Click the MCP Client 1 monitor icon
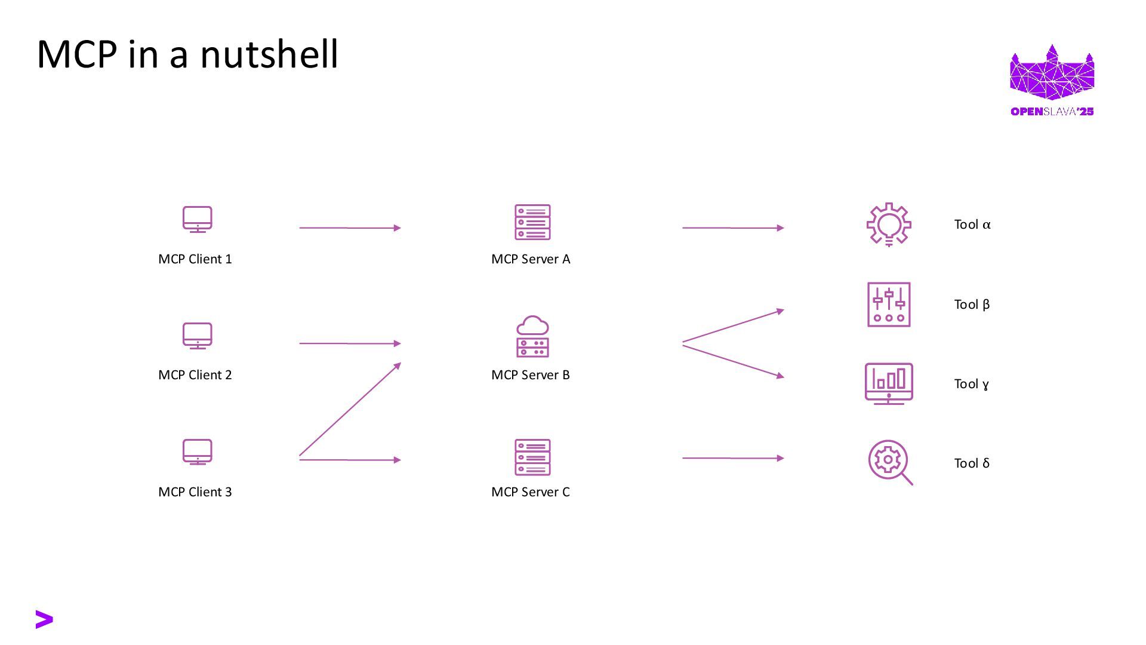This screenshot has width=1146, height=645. pos(197,220)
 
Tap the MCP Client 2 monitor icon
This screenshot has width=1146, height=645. pos(197,336)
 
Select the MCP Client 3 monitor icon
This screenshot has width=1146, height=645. pos(197,452)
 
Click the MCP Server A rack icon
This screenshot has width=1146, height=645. pos(532,222)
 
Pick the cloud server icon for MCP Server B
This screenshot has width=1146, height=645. pos(532,336)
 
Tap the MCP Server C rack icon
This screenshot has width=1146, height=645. pos(532,457)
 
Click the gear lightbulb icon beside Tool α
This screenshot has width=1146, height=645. pos(889,225)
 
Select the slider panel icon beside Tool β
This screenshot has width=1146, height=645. pos(889,305)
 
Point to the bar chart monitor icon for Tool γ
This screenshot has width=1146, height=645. pos(889,384)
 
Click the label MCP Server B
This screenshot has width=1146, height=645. pos(530,375)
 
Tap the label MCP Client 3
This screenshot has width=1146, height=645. pos(195,492)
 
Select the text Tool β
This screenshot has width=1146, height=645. pos(972,305)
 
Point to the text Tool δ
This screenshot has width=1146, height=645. pos(972,463)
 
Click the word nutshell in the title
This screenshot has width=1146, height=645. pos(269,54)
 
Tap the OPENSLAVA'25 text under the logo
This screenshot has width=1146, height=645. pos(1052,112)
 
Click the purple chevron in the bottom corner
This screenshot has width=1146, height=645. pos(44,619)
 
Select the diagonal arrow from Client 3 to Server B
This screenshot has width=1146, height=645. pos(350,410)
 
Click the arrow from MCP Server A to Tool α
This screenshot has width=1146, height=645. pos(733,228)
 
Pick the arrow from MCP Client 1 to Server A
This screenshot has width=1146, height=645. pos(350,228)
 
